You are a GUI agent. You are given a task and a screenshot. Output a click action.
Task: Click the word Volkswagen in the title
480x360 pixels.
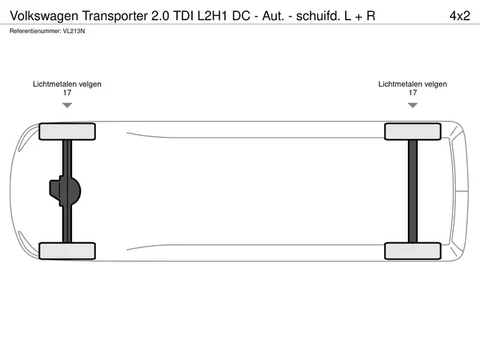pos(44,16)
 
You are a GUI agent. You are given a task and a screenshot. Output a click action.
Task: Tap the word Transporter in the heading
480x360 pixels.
pos(115,16)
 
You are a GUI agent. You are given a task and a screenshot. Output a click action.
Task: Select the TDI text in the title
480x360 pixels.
pos(183,16)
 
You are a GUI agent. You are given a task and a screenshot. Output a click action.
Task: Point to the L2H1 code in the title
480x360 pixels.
pos(212,16)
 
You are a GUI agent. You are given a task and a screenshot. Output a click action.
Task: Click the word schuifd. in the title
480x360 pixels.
pos(318,16)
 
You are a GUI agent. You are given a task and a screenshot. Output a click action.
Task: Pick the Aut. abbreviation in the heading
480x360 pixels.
pos(273,16)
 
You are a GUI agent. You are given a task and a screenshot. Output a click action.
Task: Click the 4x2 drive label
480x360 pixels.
pos(460,16)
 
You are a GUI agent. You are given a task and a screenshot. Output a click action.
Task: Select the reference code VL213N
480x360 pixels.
pos(73,31)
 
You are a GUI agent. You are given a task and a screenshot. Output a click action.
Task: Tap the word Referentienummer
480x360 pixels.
pos(35,31)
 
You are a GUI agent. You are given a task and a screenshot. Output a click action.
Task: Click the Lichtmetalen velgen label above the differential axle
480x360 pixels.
pos(67,84)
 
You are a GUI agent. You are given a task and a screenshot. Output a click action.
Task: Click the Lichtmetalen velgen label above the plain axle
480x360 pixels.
pos(412,84)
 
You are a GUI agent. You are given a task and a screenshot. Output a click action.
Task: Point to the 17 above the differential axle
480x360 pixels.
pos(67,93)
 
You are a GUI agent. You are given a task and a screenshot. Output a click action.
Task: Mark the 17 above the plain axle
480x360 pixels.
pos(412,93)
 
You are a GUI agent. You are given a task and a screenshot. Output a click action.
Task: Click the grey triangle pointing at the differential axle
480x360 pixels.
pos(67,105)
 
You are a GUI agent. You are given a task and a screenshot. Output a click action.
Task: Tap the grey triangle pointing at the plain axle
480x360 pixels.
pos(412,105)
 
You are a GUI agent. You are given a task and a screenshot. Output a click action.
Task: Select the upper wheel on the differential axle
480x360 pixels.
pos(67,132)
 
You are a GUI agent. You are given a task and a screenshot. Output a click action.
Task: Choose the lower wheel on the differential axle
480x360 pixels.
pos(67,250)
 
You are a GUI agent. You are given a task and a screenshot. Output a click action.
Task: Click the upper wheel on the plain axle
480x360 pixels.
pos(412,132)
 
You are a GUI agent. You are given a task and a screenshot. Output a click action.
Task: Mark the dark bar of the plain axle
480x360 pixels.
pos(412,191)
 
